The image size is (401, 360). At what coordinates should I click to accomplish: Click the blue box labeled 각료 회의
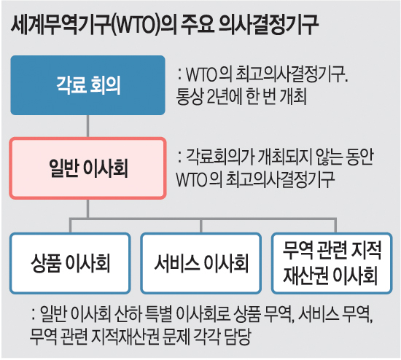(x=87, y=85)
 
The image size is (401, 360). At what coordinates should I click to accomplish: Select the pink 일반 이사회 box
(x=87, y=168)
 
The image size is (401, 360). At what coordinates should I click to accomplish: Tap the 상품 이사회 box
(x=70, y=263)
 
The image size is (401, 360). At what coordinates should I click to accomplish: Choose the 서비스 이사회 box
(x=201, y=263)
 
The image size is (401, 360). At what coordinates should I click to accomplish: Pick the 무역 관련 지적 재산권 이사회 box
(x=332, y=263)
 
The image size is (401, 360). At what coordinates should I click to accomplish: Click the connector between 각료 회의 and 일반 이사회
(x=87, y=126)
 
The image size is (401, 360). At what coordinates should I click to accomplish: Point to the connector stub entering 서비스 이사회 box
(x=201, y=226)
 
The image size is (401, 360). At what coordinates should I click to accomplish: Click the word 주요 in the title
(x=198, y=25)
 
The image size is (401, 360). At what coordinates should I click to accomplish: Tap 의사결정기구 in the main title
(x=269, y=25)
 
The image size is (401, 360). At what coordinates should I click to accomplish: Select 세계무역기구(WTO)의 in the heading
(x=93, y=25)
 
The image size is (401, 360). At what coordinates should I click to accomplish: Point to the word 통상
(x=190, y=97)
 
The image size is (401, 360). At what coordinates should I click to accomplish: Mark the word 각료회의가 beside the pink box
(x=219, y=156)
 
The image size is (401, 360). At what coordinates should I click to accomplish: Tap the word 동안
(x=360, y=156)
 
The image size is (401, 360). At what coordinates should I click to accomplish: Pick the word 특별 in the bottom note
(x=157, y=313)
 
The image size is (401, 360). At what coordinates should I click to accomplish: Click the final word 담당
(x=237, y=336)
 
